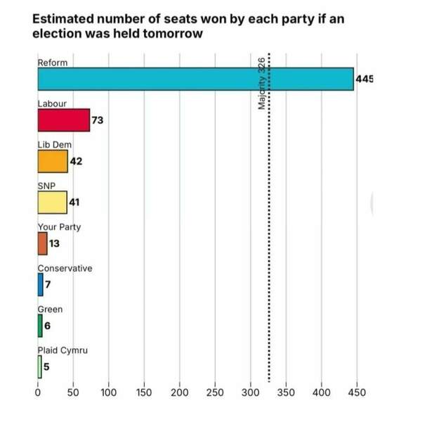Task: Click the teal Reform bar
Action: [195, 79]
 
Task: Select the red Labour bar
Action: [64, 120]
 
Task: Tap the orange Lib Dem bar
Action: [53, 161]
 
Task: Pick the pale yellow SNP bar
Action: [52, 203]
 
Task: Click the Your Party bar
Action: [42, 243]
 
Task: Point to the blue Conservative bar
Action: [40, 284]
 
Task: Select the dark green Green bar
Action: [40, 325]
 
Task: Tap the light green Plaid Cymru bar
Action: [40, 366]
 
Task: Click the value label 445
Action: [365, 79]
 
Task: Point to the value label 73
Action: [97, 120]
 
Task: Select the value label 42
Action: [77, 161]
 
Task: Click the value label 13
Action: [55, 243]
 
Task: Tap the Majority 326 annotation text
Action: [261, 83]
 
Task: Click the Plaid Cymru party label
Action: [62, 350]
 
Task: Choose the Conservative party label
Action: [65, 268]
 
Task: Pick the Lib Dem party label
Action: [55, 144]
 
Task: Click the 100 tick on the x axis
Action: [109, 391]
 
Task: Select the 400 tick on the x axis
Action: [322, 391]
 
